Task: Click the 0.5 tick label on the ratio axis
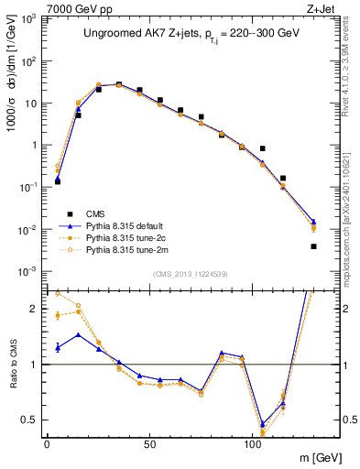(x=28, y=420)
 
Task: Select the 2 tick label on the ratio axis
(x=32, y=309)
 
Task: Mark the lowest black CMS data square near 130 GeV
(x=313, y=246)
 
